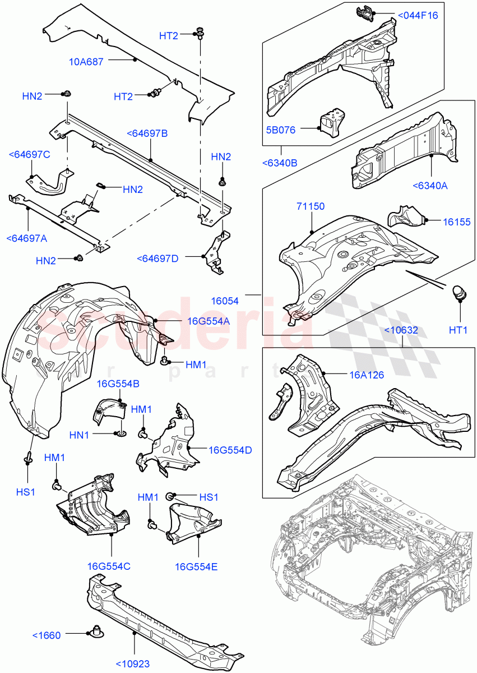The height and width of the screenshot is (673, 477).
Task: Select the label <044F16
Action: (418, 15)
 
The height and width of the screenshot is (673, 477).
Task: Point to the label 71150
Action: (311, 207)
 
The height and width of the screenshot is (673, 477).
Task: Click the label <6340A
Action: (430, 186)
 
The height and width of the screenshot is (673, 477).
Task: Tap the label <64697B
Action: (147, 133)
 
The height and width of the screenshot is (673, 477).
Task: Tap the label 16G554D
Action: (230, 450)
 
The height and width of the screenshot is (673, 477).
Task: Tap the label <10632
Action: (401, 330)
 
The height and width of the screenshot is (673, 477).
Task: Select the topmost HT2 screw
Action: (200, 34)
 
